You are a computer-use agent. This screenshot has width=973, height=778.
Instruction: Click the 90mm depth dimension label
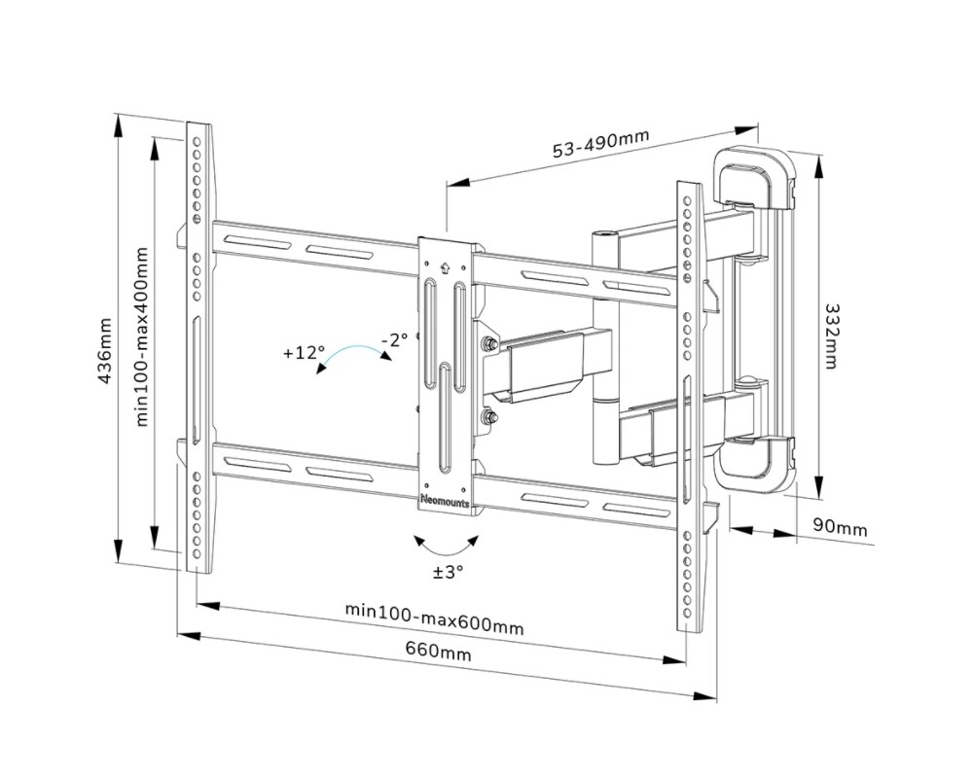pos(839,526)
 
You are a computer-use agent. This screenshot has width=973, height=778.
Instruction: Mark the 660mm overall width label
pos(439,652)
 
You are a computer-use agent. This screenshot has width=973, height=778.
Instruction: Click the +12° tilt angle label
pos(303,353)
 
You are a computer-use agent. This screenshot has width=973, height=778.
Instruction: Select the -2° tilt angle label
pos(394,339)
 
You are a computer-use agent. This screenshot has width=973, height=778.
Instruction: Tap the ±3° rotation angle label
pos(449,572)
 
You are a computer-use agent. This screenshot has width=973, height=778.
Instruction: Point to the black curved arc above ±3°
pos(447,543)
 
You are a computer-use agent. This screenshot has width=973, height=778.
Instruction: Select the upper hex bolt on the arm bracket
pos(486,344)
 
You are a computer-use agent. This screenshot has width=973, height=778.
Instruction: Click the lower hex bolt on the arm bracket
pos(486,419)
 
